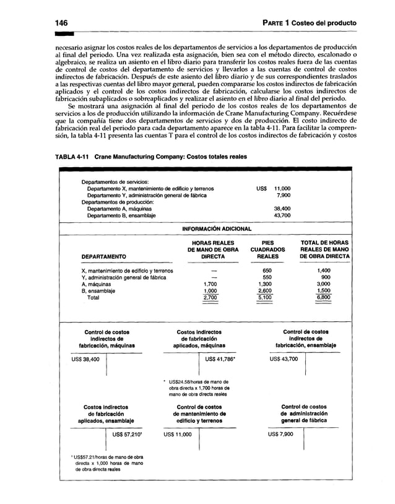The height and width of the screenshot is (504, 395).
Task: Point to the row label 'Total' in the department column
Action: [93, 298]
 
